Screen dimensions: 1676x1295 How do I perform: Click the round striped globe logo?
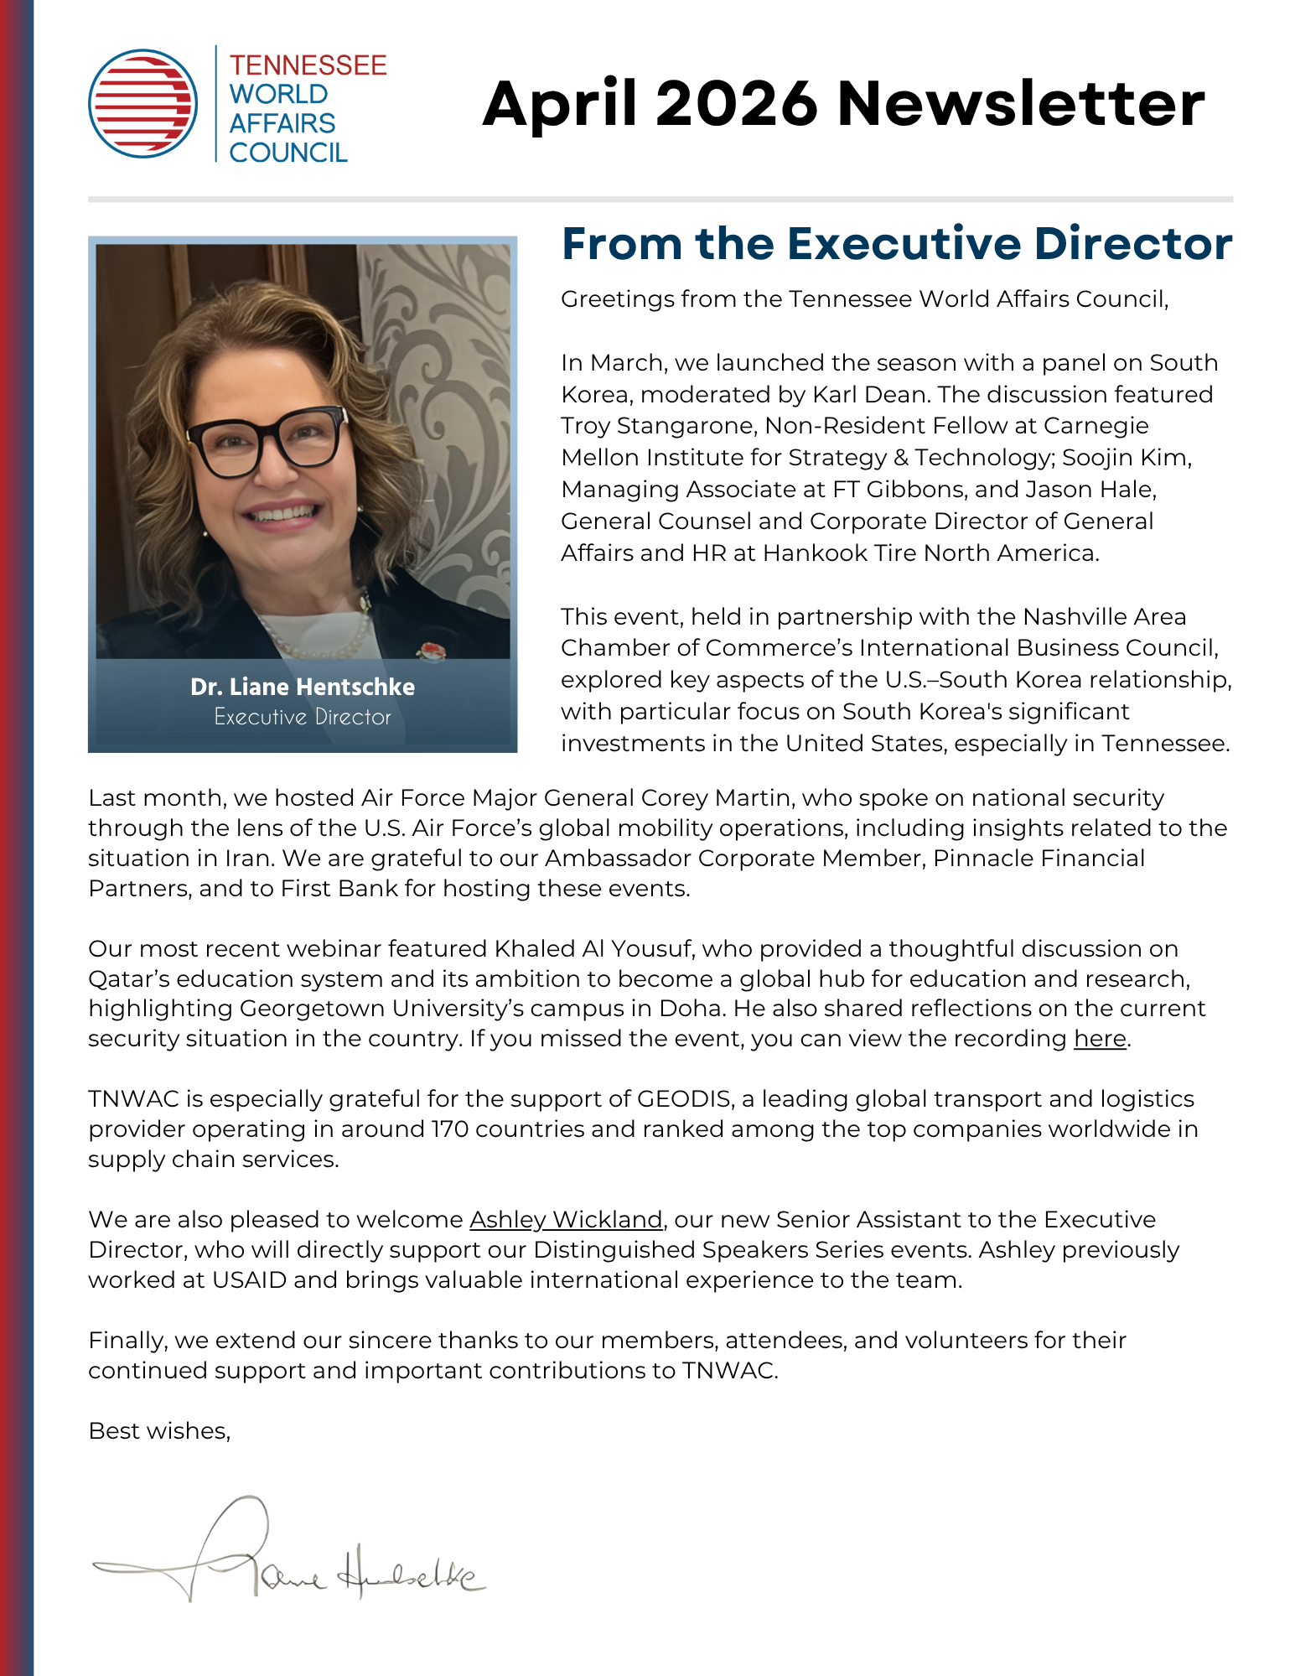point(143,103)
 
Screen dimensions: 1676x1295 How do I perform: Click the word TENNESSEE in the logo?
point(308,65)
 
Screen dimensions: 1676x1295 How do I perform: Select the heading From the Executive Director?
point(896,244)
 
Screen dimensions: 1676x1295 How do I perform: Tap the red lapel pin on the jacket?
point(432,651)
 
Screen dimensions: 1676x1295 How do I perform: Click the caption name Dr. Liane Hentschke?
point(302,687)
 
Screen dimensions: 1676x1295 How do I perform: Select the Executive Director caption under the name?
point(302,717)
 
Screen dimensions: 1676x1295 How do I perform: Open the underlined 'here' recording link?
point(1100,1039)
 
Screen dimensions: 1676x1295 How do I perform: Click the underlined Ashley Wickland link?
point(566,1220)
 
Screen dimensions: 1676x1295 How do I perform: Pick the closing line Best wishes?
point(159,1431)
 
